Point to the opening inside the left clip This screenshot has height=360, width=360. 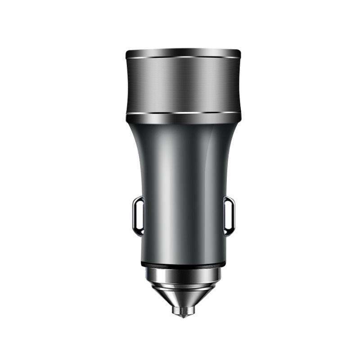[138, 216]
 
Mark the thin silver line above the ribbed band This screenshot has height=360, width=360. [183, 58]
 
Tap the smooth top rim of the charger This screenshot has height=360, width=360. [183, 53]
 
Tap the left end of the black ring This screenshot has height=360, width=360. [145, 264]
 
